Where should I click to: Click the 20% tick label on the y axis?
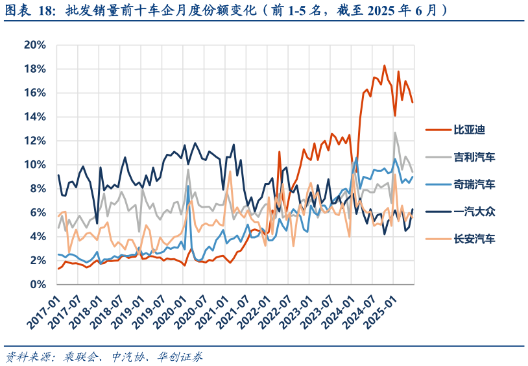34,45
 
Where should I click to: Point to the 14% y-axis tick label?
34,117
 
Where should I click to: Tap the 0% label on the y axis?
38,285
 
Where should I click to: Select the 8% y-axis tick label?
37,189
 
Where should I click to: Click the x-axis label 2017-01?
43,311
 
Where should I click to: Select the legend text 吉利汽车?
474,156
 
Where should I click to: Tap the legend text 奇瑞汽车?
474,184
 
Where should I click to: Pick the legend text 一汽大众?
474,212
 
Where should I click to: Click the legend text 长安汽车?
474,239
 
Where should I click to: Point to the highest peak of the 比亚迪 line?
384,65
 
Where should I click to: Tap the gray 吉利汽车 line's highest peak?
395,132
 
